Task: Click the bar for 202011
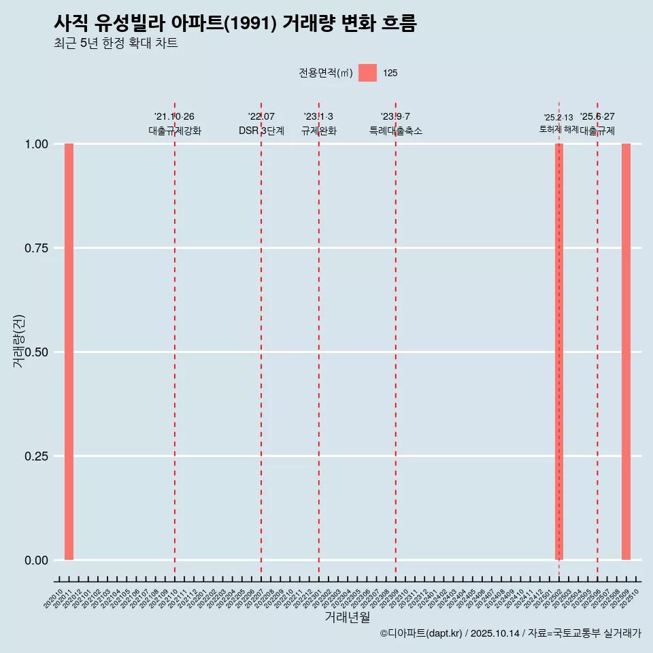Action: pos(69,352)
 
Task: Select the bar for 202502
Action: pos(559,352)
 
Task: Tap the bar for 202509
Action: pos(626,352)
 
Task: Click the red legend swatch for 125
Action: pos(367,73)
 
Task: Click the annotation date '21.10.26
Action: pos(174,117)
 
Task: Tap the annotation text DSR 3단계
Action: pos(261,131)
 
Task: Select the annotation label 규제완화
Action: pos(319,131)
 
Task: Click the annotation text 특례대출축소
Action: pos(396,131)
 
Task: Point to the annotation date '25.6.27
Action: pos(597,117)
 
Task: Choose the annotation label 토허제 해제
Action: pos(558,129)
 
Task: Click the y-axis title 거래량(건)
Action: pos(18,341)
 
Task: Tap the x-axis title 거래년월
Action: pos(347,618)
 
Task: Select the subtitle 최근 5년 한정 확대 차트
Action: pos(116,44)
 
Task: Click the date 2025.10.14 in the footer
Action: pos(495,633)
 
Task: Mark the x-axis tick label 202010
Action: pos(53,599)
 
